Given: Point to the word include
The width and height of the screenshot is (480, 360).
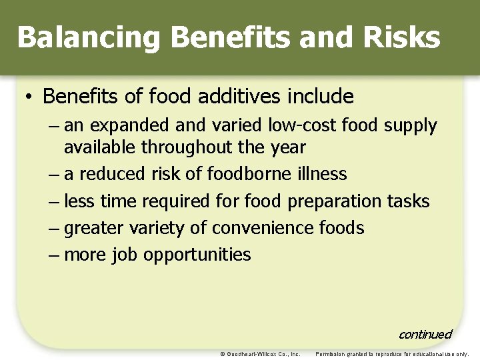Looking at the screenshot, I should [x=321, y=97].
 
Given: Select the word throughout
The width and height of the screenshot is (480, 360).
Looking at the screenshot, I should [x=199, y=147].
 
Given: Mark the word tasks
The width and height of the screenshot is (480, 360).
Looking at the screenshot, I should [x=409, y=201].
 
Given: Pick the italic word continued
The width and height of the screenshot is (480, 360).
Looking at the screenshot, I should [x=425, y=334].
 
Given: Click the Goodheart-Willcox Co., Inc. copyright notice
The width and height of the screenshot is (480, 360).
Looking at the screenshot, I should [x=260, y=354].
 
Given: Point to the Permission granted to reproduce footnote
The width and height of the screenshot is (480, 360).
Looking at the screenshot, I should [x=392, y=354].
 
